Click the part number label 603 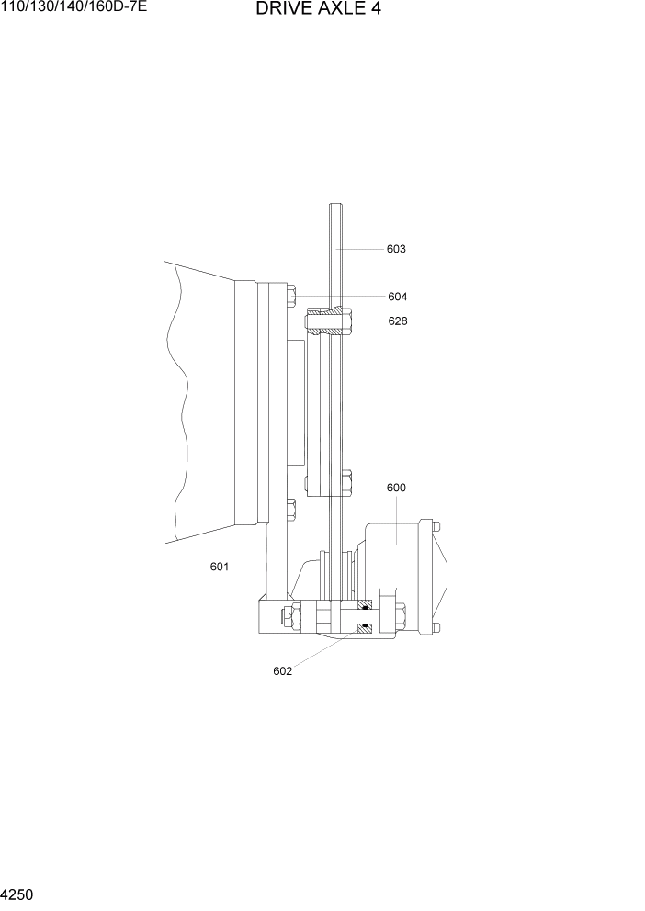coord(396,249)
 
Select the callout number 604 coord(397,297)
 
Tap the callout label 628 coord(397,321)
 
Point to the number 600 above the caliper coord(396,488)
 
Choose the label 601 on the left coord(219,567)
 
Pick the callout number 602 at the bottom coord(282,670)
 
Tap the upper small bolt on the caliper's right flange coord(436,527)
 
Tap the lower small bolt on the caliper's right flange coord(436,627)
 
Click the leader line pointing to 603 coord(360,249)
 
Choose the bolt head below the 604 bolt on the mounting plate coord(291,509)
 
